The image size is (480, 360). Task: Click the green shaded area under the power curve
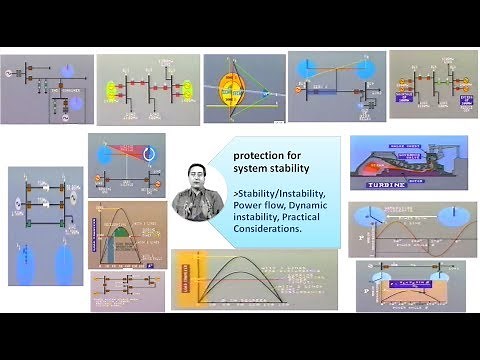[123, 237]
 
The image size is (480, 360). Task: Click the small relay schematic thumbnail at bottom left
[126, 289]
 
